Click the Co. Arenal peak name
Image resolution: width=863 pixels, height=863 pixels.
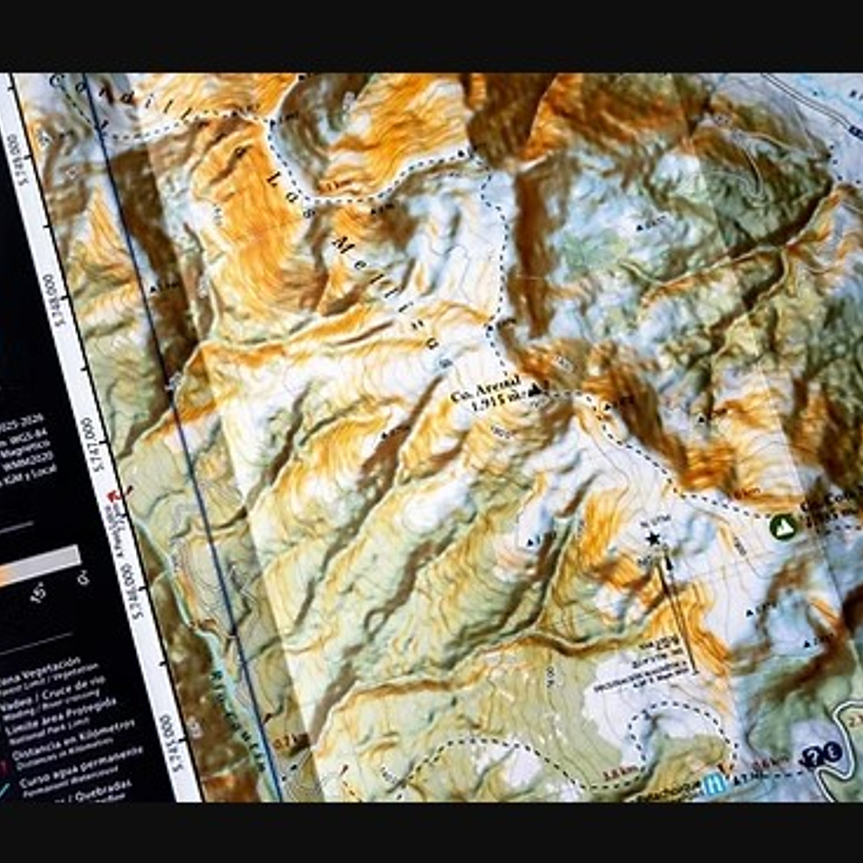tap(484, 389)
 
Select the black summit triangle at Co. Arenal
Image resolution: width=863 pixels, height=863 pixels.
tap(536, 390)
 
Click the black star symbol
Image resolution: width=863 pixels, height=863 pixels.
tap(652, 539)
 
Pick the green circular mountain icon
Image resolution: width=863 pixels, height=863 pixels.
tap(782, 526)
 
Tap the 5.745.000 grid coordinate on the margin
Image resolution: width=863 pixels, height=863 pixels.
tap(171, 742)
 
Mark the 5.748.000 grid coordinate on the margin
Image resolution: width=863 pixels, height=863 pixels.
tap(55, 299)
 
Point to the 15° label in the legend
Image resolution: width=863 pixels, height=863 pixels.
tap(38, 593)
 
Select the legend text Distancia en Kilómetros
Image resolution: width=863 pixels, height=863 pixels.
tap(75, 739)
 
